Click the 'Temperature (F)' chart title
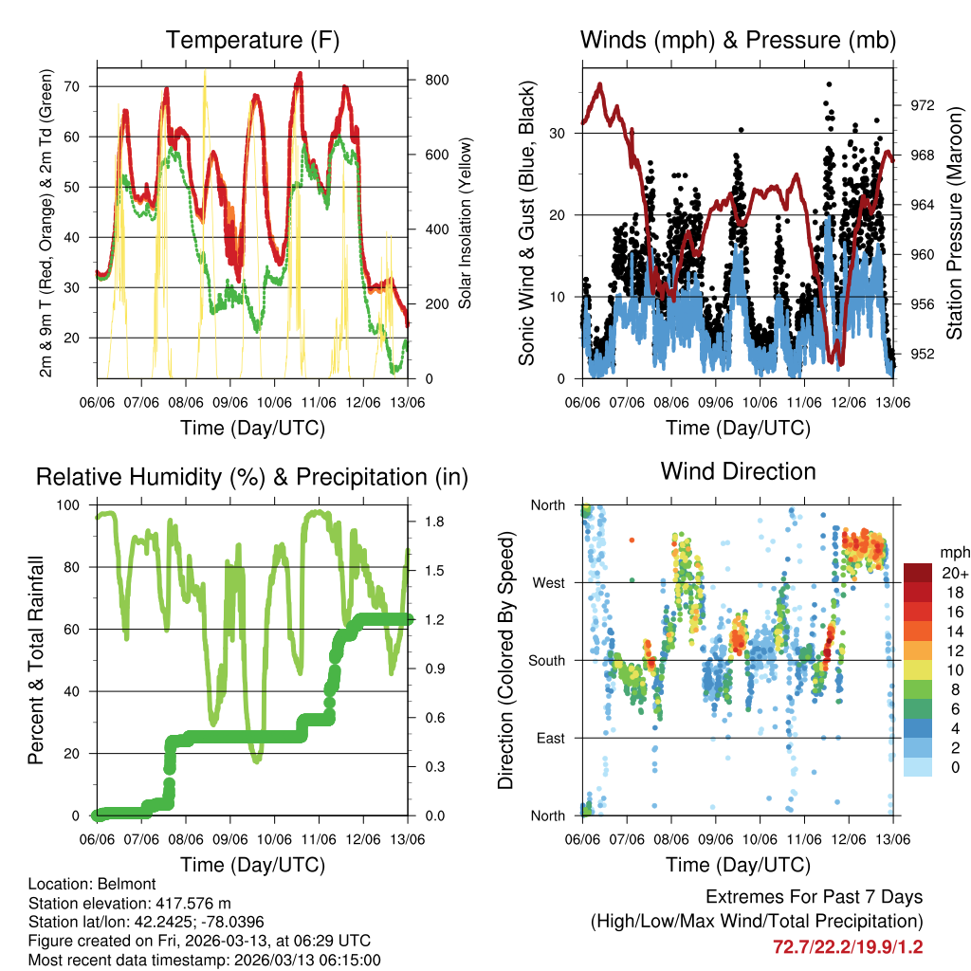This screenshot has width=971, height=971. (x=252, y=41)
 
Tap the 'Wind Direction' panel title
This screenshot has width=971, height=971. (x=738, y=471)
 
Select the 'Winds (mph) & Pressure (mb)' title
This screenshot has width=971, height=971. (x=738, y=41)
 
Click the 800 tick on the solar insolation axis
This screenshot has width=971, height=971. (x=436, y=80)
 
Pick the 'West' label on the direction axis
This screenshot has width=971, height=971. (x=547, y=582)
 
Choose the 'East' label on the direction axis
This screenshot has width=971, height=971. (x=548, y=738)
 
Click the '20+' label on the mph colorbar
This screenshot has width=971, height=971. (x=949, y=573)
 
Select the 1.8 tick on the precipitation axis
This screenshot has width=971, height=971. (x=431, y=522)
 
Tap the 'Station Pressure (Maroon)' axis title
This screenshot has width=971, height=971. (x=955, y=224)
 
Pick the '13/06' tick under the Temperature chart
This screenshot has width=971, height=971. (x=408, y=402)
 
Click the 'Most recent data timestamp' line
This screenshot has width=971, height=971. (x=204, y=960)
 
